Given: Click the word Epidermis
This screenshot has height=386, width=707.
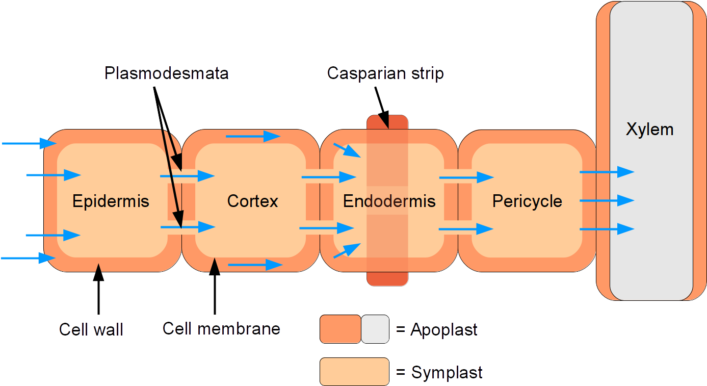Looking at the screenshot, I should (x=111, y=201).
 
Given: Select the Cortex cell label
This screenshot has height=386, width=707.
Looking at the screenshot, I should (x=252, y=201).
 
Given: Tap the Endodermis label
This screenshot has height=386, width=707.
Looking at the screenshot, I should (x=389, y=201).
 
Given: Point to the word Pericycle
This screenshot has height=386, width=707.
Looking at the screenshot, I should (x=527, y=201).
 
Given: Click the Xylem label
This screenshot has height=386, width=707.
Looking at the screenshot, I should (x=649, y=129).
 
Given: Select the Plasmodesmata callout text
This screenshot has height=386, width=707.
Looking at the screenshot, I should (x=167, y=73).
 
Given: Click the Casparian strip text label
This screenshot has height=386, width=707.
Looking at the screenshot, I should (x=385, y=73).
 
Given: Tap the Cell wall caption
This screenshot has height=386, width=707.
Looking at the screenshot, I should (x=91, y=329).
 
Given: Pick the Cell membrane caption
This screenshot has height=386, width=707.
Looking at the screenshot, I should (x=221, y=328).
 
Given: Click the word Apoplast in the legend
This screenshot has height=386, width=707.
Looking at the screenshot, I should (x=443, y=330).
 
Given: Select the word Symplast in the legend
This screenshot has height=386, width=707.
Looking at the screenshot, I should (x=447, y=373).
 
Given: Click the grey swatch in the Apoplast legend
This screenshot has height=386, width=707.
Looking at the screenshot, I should (x=375, y=329).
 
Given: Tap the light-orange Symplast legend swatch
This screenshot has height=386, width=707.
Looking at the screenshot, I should (x=354, y=371).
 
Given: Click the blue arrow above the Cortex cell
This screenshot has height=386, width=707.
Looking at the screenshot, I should (x=253, y=136).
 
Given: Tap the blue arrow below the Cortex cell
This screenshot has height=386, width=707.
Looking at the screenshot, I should (x=255, y=265).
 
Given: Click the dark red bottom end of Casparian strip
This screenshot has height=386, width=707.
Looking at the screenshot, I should (x=387, y=279).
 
